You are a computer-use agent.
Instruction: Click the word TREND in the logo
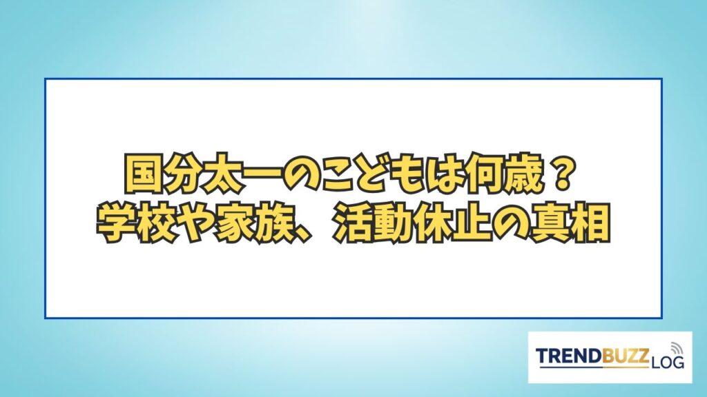tap(569, 356)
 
